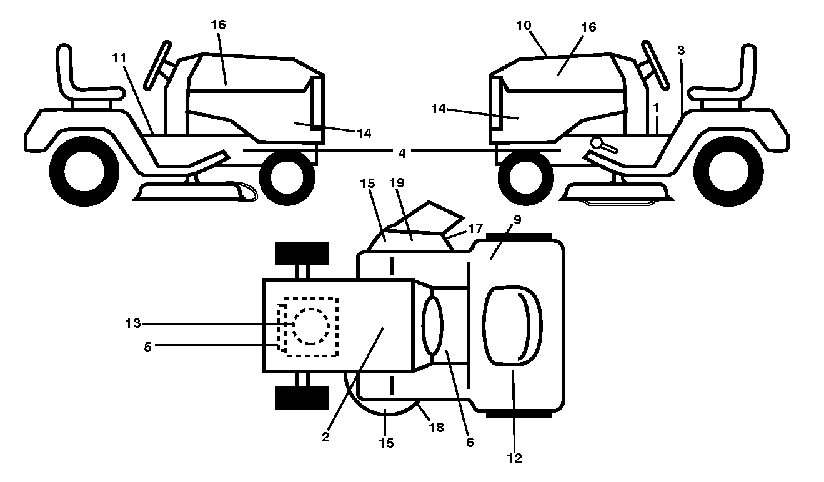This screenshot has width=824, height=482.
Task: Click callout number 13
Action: [133, 323]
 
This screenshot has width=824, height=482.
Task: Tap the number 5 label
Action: [147, 347]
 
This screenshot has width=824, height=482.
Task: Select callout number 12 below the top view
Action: [514, 458]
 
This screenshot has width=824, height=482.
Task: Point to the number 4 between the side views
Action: [402, 153]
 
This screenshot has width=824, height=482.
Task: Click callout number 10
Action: [524, 26]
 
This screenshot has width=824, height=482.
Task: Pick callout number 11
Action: [119, 57]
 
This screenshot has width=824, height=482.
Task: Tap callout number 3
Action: [681, 51]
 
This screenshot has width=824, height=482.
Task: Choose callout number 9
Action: [517, 220]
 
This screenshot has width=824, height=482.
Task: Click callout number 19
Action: [397, 182]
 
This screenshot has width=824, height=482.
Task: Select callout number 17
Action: [475, 229]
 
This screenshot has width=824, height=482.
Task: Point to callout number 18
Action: [436, 427]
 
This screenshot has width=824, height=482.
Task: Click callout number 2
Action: [325, 437]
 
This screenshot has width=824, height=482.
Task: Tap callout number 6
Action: [470, 442]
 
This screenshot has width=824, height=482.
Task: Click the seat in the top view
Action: [513, 326]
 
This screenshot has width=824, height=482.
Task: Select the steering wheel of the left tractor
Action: [157, 65]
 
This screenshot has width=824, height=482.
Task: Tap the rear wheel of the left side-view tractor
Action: [84, 171]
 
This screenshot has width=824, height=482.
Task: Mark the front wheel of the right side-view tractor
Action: [525, 177]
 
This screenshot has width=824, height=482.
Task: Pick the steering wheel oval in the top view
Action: [432, 326]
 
